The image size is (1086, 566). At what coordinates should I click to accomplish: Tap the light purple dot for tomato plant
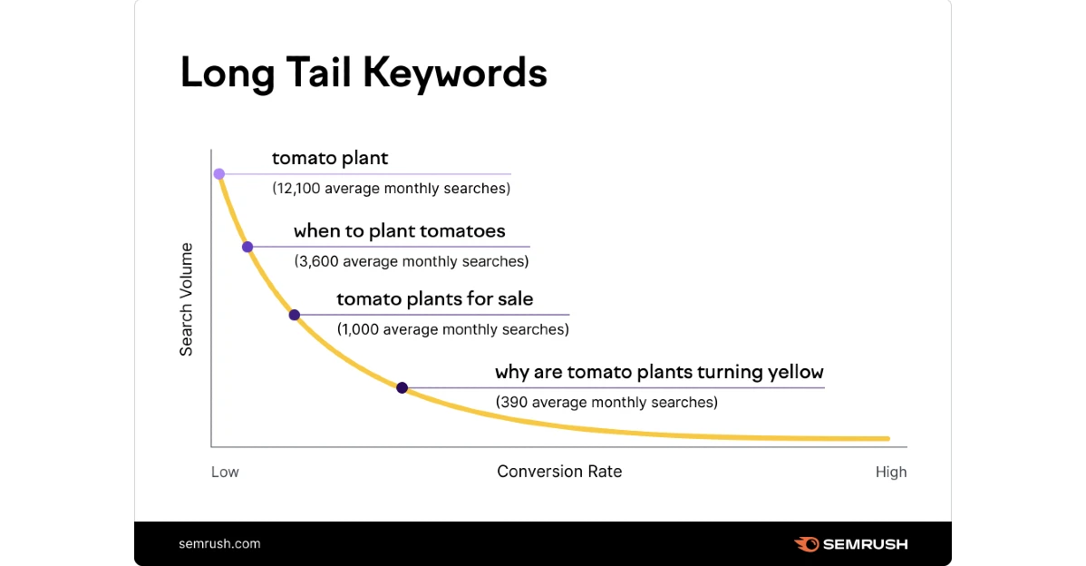tap(218, 174)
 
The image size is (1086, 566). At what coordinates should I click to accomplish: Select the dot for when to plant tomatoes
tap(247, 247)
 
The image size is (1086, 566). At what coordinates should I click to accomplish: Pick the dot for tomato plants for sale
tap(295, 316)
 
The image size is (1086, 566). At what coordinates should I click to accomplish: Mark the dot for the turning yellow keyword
tap(402, 388)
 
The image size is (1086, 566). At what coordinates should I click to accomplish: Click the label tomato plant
tap(330, 159)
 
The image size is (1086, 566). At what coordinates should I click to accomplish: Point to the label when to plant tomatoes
tap(400, 231)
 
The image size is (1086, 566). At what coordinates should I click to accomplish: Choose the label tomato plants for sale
tap(435, 299)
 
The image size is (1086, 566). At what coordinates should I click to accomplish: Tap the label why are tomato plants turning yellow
tap(659, 373)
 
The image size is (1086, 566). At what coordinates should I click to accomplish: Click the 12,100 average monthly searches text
tap(392, 189)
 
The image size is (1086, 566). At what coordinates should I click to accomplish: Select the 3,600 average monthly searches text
tap(412, 261)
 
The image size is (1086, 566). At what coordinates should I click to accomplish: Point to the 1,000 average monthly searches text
tap(453, 330)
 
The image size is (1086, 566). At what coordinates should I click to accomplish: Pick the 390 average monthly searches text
tap(606, 403)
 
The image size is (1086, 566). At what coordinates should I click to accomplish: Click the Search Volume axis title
tap(186, 299)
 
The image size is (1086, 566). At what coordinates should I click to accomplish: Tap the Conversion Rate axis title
tap(559, 472)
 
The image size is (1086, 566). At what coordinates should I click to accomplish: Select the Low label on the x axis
tap(225, 473)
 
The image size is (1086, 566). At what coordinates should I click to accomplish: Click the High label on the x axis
tap(891, 473)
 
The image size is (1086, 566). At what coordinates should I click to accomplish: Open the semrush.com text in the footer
tap(219, 544)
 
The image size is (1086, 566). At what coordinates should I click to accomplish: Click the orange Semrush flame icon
tap(807, 544)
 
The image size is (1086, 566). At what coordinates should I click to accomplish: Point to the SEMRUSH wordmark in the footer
tap(865, 544)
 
